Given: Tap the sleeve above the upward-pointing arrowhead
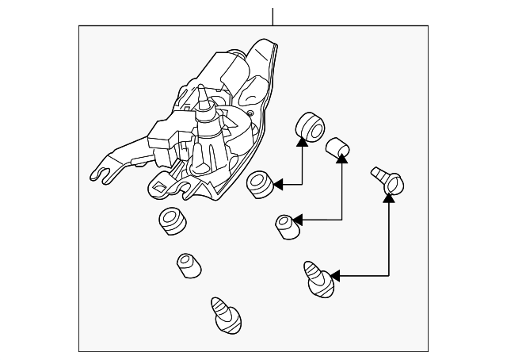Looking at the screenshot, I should [x=339, y=147].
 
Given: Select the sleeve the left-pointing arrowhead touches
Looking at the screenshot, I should [x=286, y=225].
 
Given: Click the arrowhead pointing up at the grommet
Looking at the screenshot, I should [x=302, y=142].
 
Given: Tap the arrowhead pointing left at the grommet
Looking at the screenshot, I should [x=277, y=185].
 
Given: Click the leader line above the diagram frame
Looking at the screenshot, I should [x=272, y=15].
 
